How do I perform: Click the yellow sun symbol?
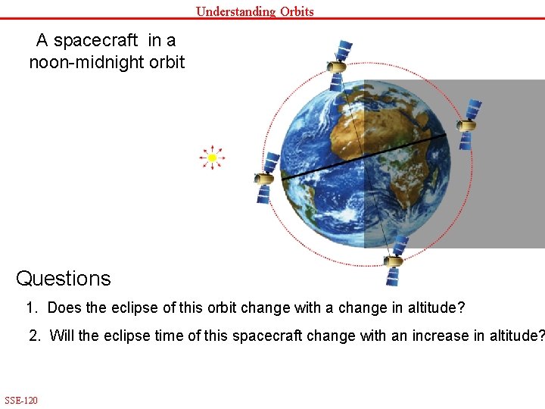click(x=213, y=158)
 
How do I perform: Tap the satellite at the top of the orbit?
click(x=340, y=60)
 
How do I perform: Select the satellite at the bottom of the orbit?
click(x=394, y=260)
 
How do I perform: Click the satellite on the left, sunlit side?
click(x=266, y=177)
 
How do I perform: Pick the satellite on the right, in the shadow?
click(x=469, y=123)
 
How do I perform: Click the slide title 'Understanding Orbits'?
click(x=254, y=11)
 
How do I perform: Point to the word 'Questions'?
click(x=63, y=279)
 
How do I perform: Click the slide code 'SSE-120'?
click(x=21, y=400)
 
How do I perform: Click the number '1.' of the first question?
click(x=32, y=308)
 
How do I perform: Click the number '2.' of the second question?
click(x=36, y=336)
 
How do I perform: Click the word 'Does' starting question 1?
click(x=64, y=308)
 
